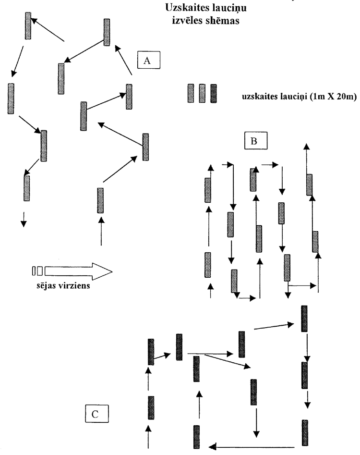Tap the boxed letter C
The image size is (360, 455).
pos(96,413)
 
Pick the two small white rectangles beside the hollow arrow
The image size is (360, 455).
pos(37,271)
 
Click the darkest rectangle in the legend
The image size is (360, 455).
pos(214,93)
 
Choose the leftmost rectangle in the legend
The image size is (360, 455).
pos(191,93)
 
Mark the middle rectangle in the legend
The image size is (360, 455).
pos(202,93)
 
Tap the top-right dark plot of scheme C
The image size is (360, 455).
pos(304,318)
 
